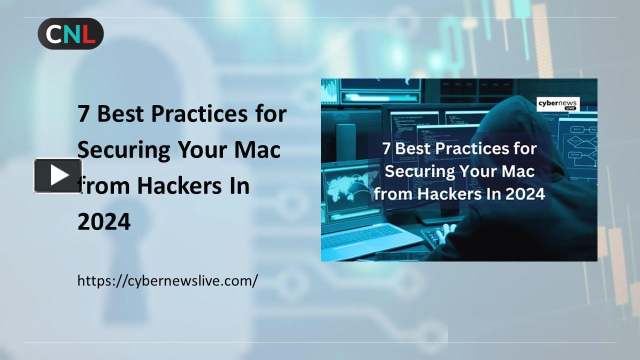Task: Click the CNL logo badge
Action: (x=70, y=33)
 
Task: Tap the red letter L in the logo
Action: (x=88, y=33)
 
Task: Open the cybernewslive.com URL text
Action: (x=167, y=280)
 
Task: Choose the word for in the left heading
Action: (x=269, y=114)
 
